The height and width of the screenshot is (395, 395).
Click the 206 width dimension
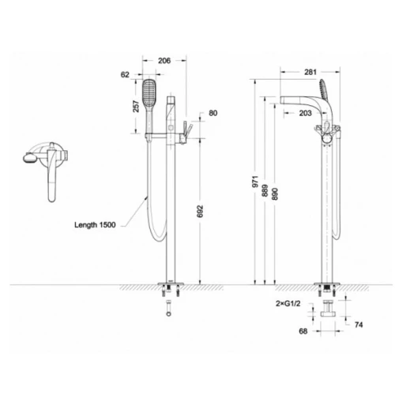[164, 61]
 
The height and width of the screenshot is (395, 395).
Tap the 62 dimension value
[125, 75]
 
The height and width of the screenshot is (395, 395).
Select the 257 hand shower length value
[136, 107]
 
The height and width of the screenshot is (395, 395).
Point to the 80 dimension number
[213, 113]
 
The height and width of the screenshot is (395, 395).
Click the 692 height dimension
[201, 212]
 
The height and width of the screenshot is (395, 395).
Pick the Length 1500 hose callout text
[95, 225]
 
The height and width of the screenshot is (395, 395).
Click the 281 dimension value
[310, 72]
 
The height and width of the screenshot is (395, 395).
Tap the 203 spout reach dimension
[306, 113]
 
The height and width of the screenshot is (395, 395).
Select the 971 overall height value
[255, 182]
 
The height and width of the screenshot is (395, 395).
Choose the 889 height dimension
[265, 190]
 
